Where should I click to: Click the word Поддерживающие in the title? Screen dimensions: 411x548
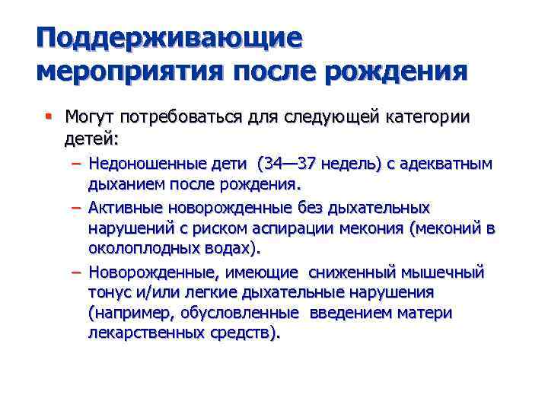click(x=169, y=38)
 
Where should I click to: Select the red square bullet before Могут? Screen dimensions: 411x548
click(x=48, y=117)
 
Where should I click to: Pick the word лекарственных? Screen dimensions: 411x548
click(x=145, y=333)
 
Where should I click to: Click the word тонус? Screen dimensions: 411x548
click(x=110, y=292)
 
